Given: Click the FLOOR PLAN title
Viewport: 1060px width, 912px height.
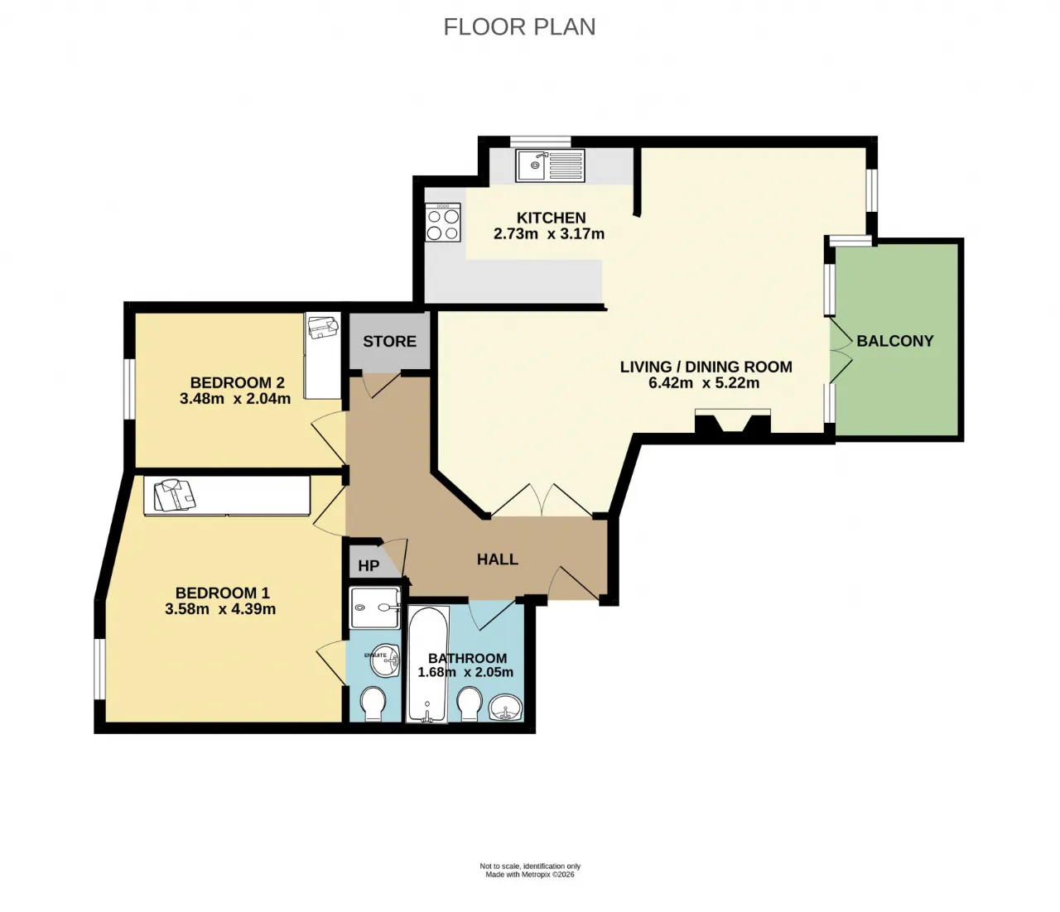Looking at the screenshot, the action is point(519,27).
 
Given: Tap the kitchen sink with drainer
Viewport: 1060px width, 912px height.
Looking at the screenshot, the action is point(550,165).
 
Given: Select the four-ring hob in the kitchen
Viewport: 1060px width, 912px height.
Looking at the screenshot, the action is point(442,222).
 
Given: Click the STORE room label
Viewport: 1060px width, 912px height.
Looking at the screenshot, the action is point(390,341).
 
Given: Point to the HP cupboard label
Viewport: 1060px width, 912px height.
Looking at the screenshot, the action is point(369,565).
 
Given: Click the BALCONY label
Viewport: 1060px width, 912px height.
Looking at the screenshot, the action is point(895,341).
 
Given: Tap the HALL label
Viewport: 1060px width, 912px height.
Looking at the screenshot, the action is point(498,559).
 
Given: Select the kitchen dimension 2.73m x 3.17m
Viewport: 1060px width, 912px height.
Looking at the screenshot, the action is point(549,234).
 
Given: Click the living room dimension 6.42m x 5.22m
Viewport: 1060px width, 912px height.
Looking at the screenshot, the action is point(704,382).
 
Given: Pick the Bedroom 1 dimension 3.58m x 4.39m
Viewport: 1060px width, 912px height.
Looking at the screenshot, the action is point(220,608).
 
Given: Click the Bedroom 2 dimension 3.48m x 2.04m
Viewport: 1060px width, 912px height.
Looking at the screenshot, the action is point(235,398).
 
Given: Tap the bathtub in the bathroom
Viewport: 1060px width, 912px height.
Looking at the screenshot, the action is point(427,664).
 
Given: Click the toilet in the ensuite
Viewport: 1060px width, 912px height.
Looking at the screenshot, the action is point(373,704).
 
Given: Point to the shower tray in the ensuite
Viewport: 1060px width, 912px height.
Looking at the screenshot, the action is point(375,607).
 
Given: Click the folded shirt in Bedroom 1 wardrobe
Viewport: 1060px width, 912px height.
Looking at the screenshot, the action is point(175,496).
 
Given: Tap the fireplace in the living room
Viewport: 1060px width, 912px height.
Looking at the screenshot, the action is point(733,421).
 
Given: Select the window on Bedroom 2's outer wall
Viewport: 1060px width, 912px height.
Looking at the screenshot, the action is point(130,390).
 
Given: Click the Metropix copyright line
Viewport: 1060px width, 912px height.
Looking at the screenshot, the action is point(530,875).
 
